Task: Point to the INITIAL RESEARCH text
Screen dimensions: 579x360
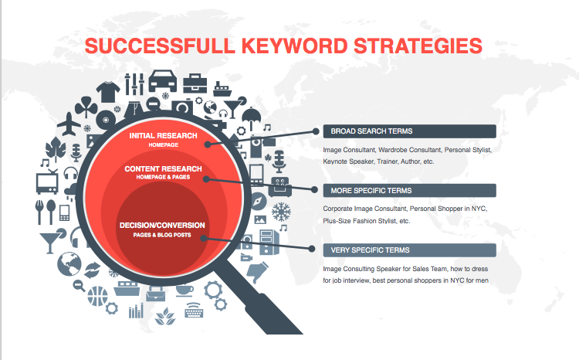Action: tap(163, 136)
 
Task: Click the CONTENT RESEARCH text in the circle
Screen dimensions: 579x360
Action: tap(163, 168)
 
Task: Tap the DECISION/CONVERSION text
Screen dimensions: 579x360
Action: tap(162, 226)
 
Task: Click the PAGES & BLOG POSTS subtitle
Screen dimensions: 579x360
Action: tap(162, 235)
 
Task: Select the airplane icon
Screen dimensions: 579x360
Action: tap(69, 122)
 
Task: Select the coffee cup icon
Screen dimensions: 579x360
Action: tap(186, 290)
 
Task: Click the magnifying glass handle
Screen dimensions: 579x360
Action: tap(278, 309)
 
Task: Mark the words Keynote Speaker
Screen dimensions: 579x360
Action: tap(346, 162)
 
